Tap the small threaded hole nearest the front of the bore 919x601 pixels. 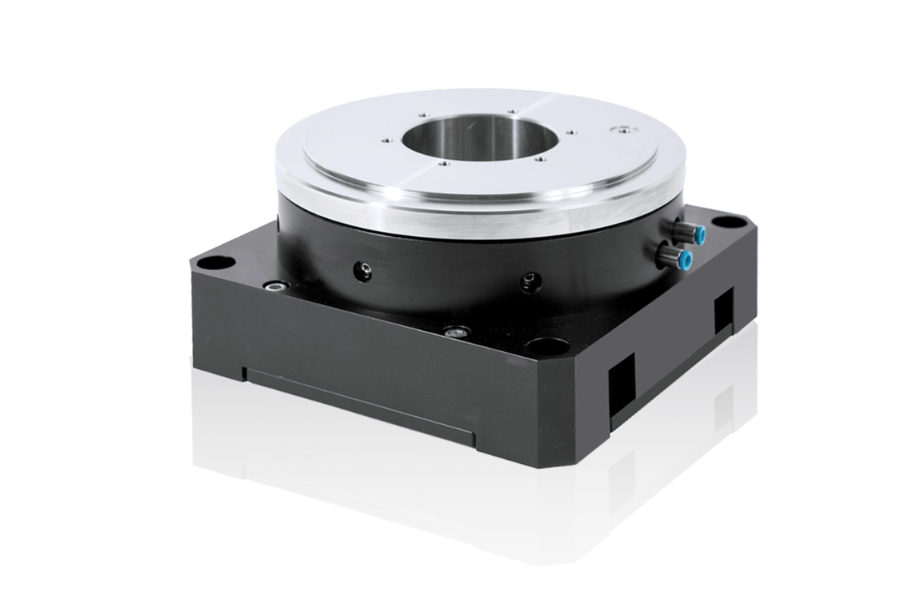pos(442,162)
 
